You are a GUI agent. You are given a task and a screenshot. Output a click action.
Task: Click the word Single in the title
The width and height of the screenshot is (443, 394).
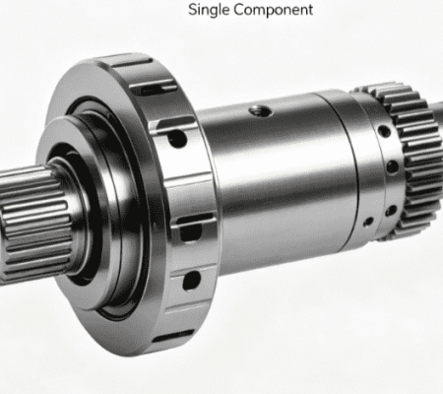[209, 10]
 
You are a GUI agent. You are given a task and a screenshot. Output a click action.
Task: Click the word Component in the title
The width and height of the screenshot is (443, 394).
[274, 10]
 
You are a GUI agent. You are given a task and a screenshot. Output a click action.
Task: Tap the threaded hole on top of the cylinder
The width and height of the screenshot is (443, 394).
[261, 111]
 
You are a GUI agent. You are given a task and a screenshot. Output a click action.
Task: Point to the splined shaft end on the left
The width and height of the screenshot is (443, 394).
[32, 224]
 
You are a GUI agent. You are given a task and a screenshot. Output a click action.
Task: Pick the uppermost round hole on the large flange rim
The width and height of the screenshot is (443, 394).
[177, 139]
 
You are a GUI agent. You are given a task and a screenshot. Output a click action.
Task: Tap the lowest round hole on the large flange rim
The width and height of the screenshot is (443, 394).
[191, 281]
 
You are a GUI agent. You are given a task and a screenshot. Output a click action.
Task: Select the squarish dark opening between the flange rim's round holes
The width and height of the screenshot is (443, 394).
[190, 232]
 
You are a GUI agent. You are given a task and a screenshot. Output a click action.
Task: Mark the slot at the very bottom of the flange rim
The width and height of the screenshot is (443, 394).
[173, 337]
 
